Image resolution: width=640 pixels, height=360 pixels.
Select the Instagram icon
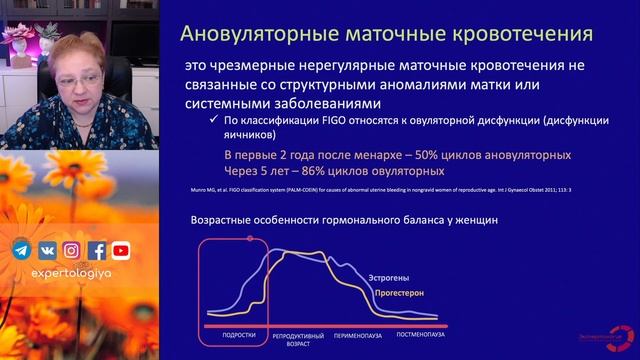[72, 251]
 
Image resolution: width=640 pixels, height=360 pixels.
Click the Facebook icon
[97, 251]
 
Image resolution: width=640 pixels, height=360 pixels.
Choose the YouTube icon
[121, 251]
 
